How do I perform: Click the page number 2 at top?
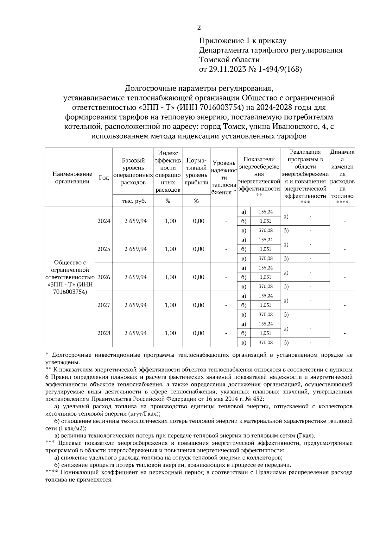click(x=199, y=28)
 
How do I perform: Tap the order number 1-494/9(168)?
click(x=280, y=69)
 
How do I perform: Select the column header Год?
click(x=104, y=177)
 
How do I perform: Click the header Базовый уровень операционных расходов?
click(x=133, y=171)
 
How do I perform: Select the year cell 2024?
click(x=104, y=221)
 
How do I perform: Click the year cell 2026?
click(x=104, y=277)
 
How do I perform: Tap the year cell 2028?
click(x=104, y=333)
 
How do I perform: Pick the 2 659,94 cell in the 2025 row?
click(x=136, y=249)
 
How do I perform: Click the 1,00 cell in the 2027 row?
click(x=170, y=305)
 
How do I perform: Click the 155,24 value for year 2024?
click(x=266, y=212)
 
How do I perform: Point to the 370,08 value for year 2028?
click(x=266, y=343)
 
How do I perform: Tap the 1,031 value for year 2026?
click(x=266, y=277)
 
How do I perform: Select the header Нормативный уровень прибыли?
click(x=197, y=171)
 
